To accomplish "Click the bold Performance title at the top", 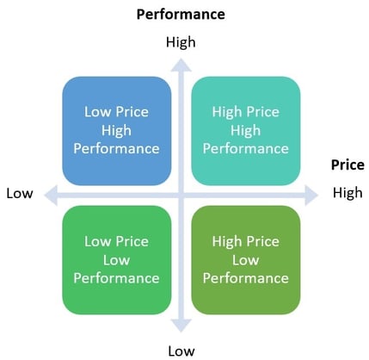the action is pyautogui.click(x=181, y=14).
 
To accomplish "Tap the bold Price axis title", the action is pyautogui.click(x=347, y=164).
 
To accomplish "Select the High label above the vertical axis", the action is pyautogui.click(x=181, y=42).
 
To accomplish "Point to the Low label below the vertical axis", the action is pyautogui.click(x=181, y=351).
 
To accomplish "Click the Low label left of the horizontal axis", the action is pyautogui.click(x=20, y=193).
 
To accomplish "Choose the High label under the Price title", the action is pyautogui.click(x=347, y=193).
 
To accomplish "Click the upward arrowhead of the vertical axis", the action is pyautogui.click(x=181, y=65).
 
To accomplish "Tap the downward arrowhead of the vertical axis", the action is pyautogui.click(x=181, y=326).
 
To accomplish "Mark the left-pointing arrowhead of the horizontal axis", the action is pyautogui.click(x=51, y=196).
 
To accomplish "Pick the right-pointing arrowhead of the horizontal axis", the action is pyautogui.click(x=311, y=196).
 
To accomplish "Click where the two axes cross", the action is pyautogui.click(x=181, y=196).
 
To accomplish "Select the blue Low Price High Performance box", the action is pyautogui.click(x=117, y=131).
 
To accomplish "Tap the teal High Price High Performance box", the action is pyautogui.click(x=246, y=131).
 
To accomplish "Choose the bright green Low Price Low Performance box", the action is pyautogui.click(x=117, y=260).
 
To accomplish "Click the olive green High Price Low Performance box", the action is pyautogui.click(x=246, y=260).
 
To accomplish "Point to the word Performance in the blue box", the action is pyautogui.click(x=116, y=149).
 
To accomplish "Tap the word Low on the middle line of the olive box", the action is pyautogui.click(x=246, y=260).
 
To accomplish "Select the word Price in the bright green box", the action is pyautogui.click(x=132, y=241).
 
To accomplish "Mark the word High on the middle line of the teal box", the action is pyautogui.click(x=246, y=131).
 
